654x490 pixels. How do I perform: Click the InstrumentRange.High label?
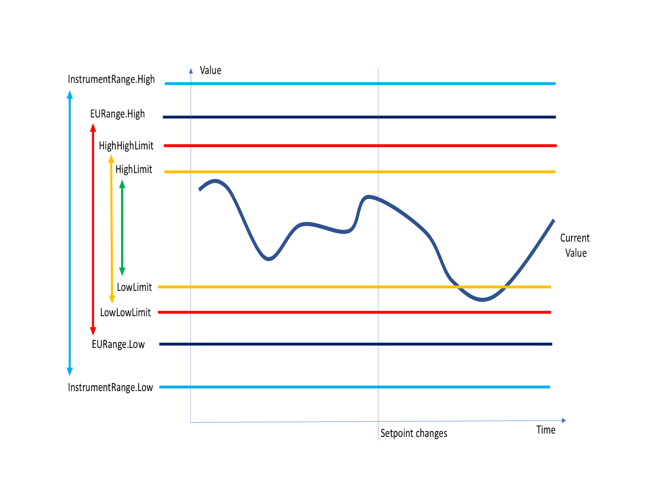tap(111, 80)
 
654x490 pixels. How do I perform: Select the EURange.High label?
tap(117, 114)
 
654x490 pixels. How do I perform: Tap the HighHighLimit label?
tap(126, 146)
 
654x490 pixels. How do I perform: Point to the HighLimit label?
tap(134, 169)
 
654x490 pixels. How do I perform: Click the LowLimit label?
tap(134, 287)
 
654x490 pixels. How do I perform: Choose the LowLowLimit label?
tap(125, 313)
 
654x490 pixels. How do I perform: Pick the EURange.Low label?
tap(118, 345)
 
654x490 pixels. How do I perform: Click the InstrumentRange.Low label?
tap(110, 388)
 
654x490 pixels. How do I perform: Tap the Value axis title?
tap(211, 71)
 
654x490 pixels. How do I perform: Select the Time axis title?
tap(546, 430)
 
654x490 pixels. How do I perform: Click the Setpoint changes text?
tap(414, 434)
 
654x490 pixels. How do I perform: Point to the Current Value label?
tap(575, 246)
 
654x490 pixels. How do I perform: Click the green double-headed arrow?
tap(122, 228)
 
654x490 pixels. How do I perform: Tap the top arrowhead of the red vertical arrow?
tap(93, 128)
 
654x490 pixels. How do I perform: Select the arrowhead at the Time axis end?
tap(564, 421)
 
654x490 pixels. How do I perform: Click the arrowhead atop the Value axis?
tap(191, 71)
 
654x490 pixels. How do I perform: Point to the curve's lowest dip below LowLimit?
tap(482, 300)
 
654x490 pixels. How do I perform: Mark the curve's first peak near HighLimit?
tap(215, 181)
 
